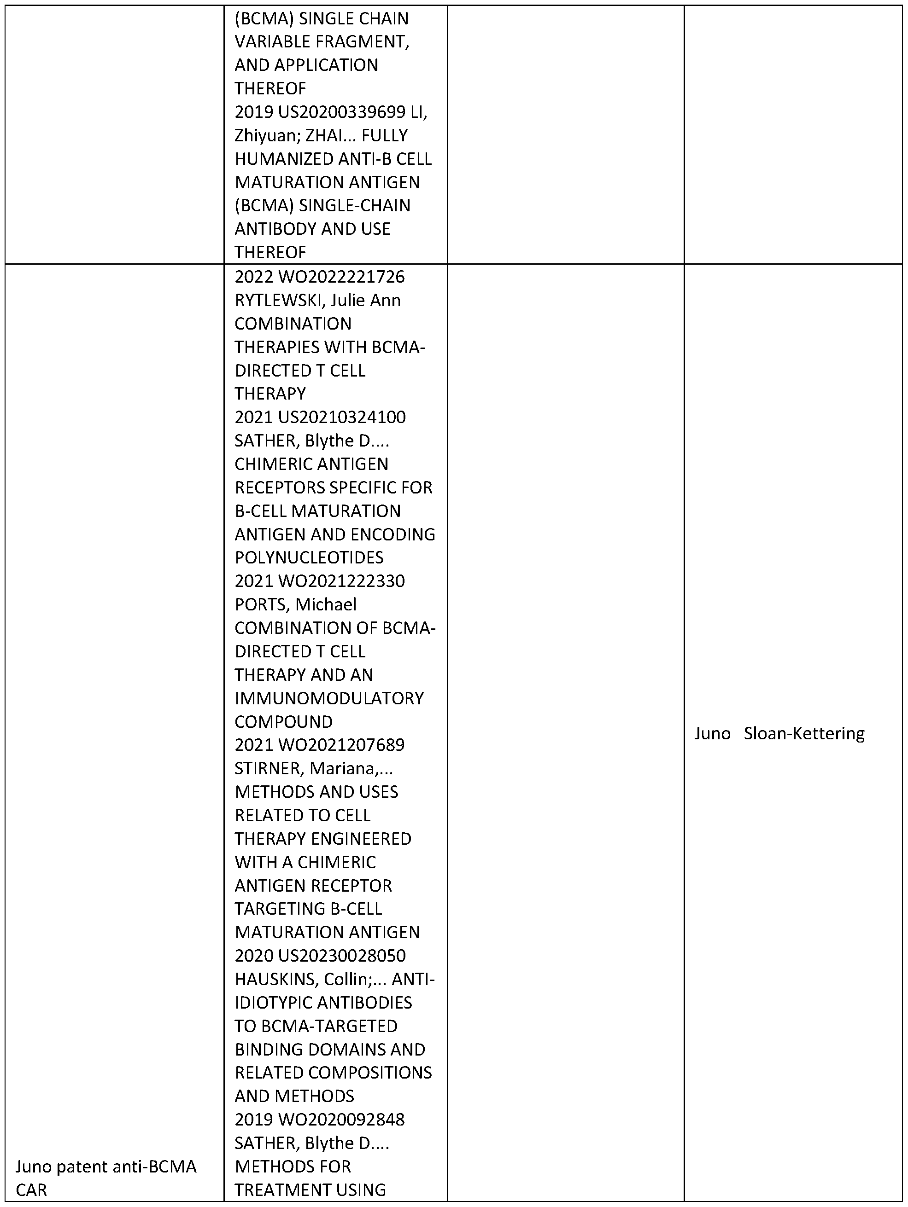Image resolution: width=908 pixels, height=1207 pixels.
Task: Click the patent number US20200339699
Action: click(342, 112)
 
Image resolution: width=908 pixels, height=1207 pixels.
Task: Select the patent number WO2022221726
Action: click(342, 277)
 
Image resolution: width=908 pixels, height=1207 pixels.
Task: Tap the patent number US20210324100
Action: click(342, 417)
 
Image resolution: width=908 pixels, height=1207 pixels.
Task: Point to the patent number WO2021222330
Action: click(342, 580)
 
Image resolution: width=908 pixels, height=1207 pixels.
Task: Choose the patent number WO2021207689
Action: click(342, 744)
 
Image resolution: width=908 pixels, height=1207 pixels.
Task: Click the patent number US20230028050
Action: click(342, 956)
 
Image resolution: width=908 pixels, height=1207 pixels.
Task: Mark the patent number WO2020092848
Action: click(342, 1119)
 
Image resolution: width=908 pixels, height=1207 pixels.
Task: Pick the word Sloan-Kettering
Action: click(804, 733)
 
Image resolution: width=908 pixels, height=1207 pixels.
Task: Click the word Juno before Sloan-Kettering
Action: click(712, 733)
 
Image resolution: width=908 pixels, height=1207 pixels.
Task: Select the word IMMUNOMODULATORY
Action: click(329, 698)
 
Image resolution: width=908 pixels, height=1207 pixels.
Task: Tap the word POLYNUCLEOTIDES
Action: click(309, 557)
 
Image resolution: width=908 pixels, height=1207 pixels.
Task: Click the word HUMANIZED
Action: click(282, 159)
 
